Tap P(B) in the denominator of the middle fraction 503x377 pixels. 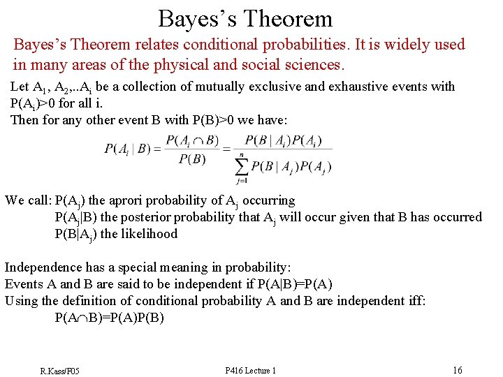click(x=192, y=159)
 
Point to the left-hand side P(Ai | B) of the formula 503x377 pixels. click(x=127, y=149)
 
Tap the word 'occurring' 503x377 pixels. click(x=268, y=200)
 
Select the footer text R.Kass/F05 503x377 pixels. click(x=59, y=370)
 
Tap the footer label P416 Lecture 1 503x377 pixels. click(x=251, y=370)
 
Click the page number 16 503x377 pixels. click(x=457, y=370)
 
